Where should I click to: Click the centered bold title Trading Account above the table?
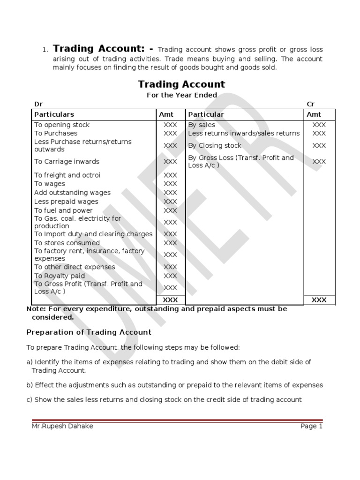pos(181,84)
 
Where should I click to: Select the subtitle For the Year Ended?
pos(181,95)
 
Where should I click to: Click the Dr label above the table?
pos(38,104)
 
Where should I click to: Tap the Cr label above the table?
pos(311,104)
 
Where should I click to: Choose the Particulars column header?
pos(54,114)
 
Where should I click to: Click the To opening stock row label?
pos(61,125)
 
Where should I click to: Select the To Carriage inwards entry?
pos(67,161)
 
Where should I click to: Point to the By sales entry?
pos(202,125)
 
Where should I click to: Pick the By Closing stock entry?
pos(215,145)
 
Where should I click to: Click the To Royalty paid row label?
pos(60,276)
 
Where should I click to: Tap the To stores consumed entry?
pos(67,243)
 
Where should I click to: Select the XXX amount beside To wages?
pos(170,184)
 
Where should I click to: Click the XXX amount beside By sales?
pos(319,125)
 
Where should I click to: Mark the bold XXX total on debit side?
pos(170,300)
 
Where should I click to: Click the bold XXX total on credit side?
pos(319,300)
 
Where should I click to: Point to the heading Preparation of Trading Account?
pos(89,332)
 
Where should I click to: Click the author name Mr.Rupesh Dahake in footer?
pos(62,426)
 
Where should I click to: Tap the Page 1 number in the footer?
pos(312,426)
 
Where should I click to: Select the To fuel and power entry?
pos(63,210)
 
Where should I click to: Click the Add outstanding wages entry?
pos(72,193)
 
